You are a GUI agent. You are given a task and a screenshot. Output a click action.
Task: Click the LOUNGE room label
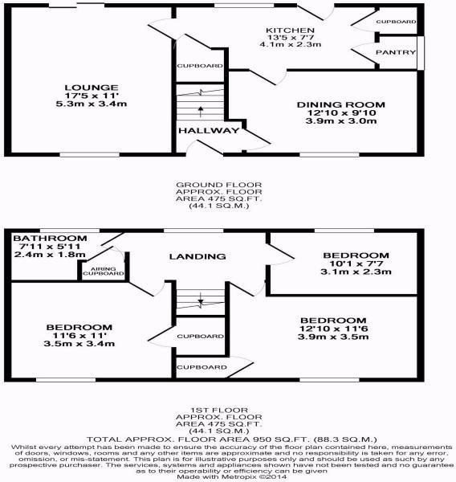(x=92, y=88)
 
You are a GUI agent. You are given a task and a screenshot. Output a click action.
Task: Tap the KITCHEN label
(x=290, y=31)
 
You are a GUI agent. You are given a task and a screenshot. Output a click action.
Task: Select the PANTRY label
(x=396, y=52)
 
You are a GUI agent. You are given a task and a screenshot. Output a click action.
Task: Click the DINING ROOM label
(x=340, y=104)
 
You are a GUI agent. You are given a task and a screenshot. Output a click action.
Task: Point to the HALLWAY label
(x=209, y=130)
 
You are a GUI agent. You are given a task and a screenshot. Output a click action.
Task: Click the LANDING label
(x=197, y=256)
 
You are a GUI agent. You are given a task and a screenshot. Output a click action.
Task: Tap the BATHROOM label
(x=50, y=238)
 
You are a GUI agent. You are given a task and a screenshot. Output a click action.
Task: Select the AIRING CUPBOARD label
(x=104, y=272)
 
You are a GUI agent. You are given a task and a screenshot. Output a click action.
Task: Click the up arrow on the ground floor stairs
(x=201, y=112)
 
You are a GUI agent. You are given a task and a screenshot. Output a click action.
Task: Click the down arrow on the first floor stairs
(x=201, y=298)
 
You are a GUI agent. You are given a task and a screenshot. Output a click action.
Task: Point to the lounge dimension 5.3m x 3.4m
(x=92, y=104)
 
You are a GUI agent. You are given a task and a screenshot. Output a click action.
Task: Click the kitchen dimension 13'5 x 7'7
(x=291, y=37)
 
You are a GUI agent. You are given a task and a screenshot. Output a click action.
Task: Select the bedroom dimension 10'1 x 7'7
(x=356, y=263)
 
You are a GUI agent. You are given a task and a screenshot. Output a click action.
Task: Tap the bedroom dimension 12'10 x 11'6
(x=333, y=329)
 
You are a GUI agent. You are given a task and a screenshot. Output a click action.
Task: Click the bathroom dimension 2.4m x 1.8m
(x=50, y=254)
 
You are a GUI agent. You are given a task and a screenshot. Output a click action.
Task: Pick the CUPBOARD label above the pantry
(x=396, y=22)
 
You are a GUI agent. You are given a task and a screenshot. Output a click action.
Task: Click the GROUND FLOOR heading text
(x=219, y=185)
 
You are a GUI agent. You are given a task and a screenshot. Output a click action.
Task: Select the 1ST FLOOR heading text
(x=219, y=410)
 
